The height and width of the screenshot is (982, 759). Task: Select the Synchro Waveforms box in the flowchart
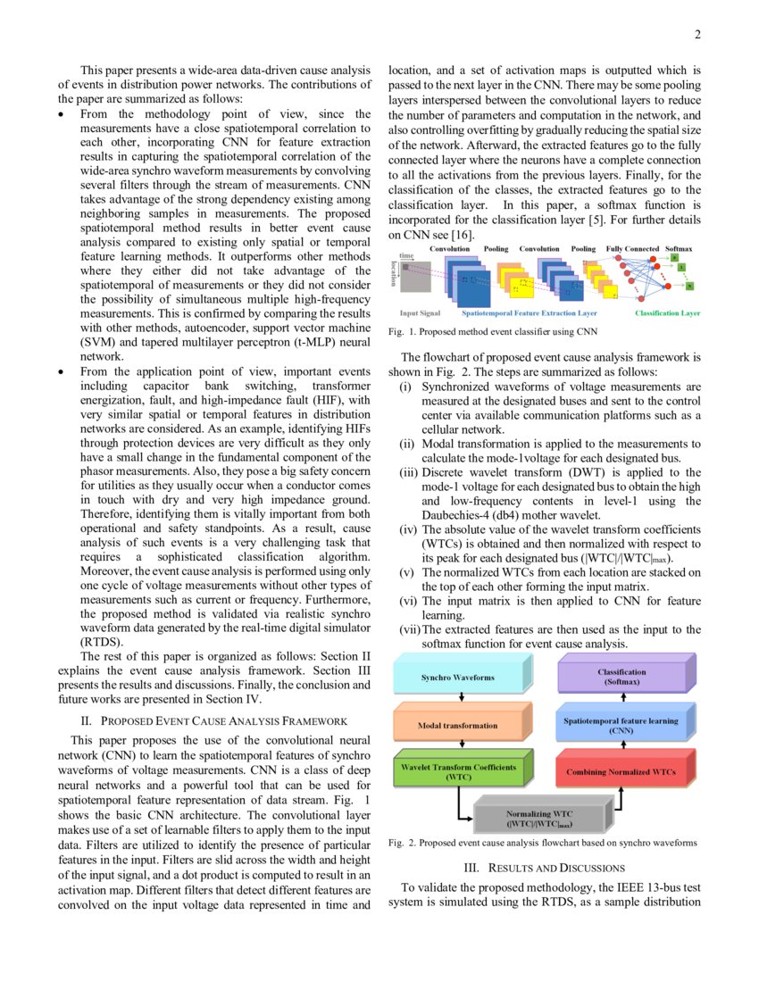pos(457,677)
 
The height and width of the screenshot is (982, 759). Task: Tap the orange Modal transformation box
pos(457,725)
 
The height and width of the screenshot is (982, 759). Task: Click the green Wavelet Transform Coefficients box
pos(457,772)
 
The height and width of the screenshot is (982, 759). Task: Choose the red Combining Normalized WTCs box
pos(621,772)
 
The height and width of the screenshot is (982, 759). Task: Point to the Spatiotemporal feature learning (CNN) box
pos(621,725)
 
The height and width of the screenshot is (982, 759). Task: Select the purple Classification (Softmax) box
pos(621,676)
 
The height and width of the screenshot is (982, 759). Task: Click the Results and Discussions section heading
pos(544,868)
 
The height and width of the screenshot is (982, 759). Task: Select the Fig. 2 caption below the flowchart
pos(543,843)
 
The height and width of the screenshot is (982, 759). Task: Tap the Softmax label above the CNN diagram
pos(680,249)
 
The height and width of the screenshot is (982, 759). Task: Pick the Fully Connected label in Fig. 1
pos(632,249)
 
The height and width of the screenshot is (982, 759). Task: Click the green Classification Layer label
pos(667,313)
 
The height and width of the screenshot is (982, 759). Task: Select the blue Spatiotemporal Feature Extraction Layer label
pos(530,313)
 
